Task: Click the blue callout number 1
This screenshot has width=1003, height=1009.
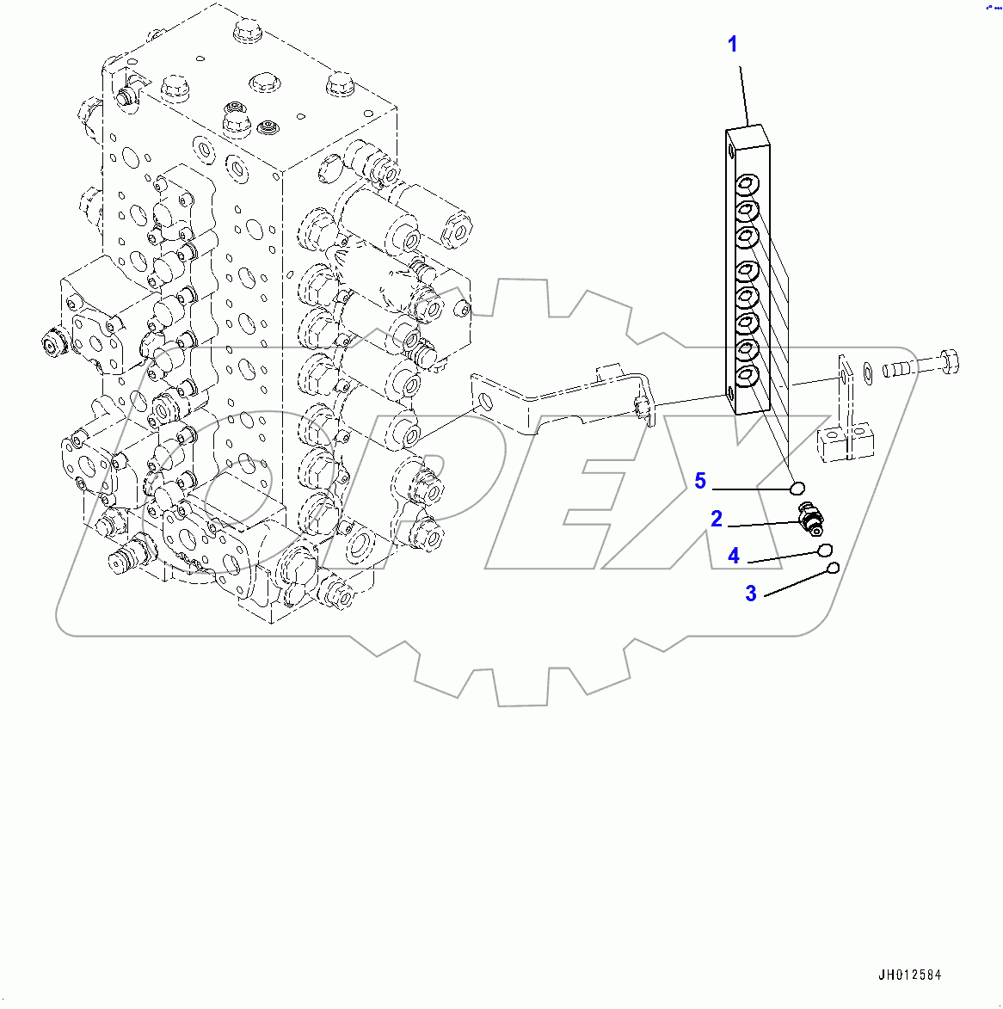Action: click(x=733, y=45)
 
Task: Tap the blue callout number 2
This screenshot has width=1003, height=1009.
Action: click(x=717, y=519)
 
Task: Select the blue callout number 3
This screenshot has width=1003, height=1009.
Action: click(x=751, y=594)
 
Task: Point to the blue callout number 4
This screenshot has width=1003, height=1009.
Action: click(x=734, y=557)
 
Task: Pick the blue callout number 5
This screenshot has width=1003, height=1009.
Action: click(x=700, y=482)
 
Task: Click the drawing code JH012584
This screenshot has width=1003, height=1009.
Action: click(x=910, y=975)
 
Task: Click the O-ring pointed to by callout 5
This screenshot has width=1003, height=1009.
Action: click(x=797, y=489)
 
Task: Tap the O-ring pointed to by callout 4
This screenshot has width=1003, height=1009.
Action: click(x=825, y=551)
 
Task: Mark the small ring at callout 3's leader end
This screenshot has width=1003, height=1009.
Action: click(x=833, y=568)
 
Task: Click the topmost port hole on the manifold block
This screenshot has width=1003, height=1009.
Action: click(x=746, y=184)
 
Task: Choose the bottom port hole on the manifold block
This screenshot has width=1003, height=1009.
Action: click(x=746, y=375)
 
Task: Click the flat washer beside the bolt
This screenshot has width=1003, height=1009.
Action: click(x=867, y=372)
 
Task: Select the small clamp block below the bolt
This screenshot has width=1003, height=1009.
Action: click(x=846, y=442)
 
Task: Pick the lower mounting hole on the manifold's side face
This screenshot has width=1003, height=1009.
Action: click(x=732, y=395)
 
